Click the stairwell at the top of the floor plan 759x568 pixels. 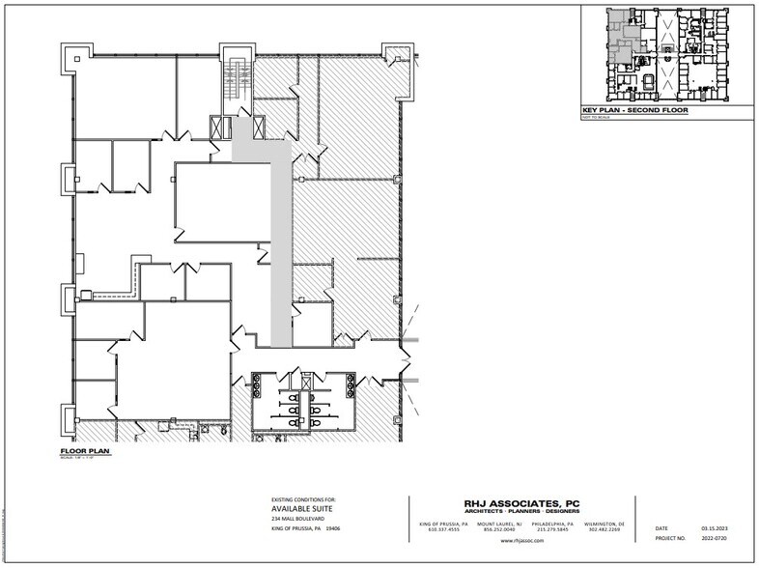[x=235, y=83]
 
